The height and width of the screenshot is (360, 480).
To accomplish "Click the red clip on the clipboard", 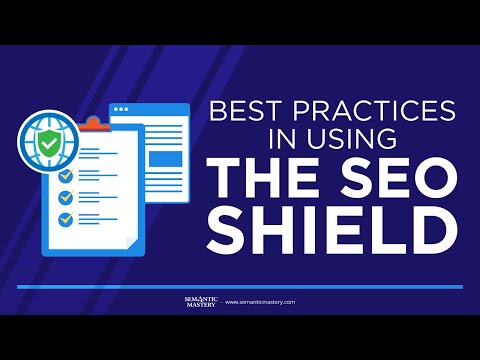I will pyautogui.click(x=92, y=124).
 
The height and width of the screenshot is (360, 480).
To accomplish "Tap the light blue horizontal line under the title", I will pyautogui.click(x=240, y=287).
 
